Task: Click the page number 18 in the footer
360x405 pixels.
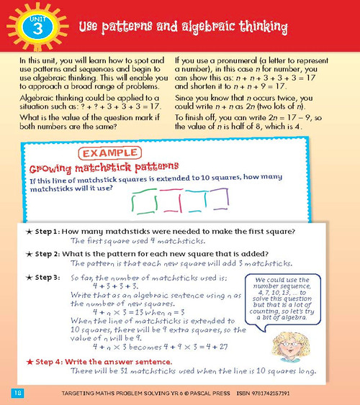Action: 18,392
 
